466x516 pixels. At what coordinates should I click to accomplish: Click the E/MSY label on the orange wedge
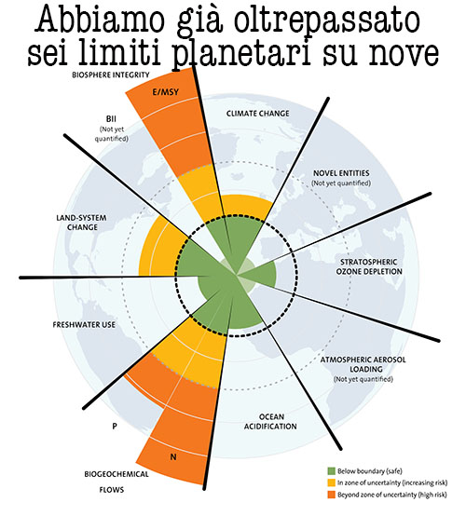click(165, 92)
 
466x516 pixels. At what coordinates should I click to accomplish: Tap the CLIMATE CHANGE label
click(257, 114)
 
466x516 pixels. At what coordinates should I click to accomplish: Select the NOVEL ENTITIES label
click(341, 173)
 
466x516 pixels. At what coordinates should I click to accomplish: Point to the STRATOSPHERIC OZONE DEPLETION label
click(369, 266)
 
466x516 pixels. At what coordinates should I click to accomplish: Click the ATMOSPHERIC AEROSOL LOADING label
click(363, 364)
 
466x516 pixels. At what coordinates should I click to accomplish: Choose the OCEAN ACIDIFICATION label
click(270, 422)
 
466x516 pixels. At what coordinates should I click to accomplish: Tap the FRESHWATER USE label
click(84, 325)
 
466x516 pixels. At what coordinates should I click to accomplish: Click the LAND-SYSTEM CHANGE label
click(82, 223)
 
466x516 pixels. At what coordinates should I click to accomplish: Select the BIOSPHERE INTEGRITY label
click(111, 75)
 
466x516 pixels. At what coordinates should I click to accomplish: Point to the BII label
click(111, 118)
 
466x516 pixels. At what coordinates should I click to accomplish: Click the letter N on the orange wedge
click(173, 457)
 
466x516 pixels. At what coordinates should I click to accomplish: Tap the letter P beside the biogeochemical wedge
click(115, 427)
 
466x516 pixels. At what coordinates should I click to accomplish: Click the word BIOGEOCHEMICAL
click(116, 474)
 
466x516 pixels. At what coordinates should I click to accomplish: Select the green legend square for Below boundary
click(331, 471)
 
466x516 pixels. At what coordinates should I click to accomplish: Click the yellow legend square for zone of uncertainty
click(331, 482)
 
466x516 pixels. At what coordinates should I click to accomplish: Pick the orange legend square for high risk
click(331, 495)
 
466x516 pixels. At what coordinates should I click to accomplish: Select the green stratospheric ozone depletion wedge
click(260, 274)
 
